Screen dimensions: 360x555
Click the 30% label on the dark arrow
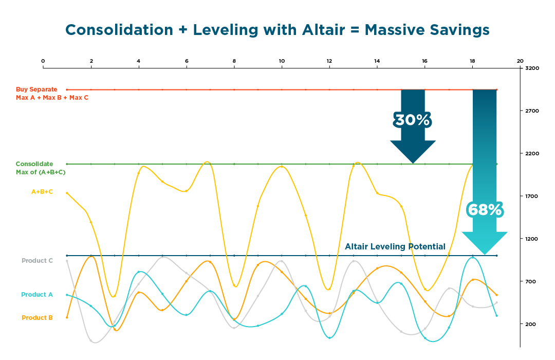point(412,120)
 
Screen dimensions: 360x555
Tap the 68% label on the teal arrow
point(484,209)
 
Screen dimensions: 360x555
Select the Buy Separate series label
point(36,89)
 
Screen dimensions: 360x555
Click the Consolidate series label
point(34,164)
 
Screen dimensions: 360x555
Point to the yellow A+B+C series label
point(42,192)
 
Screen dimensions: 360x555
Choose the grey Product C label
point(37,261)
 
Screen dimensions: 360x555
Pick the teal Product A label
point(37,295)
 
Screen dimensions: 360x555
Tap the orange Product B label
point(37,318)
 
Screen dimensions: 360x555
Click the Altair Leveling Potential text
point(395,247)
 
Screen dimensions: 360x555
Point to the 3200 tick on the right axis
point(532,68)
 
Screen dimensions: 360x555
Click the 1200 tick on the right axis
point(532,239)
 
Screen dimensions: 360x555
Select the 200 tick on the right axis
point(531,324)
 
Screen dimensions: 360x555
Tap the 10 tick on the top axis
point(282,61)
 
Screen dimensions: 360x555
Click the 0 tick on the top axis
point(43,61)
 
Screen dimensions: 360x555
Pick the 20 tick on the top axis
point(520,61)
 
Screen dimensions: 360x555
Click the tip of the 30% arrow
point(413,163)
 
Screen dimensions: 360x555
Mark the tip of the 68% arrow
point(484,254)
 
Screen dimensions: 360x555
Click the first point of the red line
point(67,89)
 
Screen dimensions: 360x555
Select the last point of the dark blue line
point(496,256)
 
